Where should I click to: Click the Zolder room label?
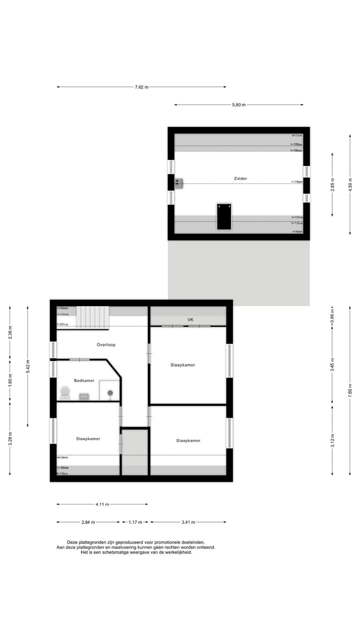point(240,178)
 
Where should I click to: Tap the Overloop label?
point(106,344)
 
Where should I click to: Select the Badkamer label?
point(84,380)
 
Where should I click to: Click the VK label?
point(190,319)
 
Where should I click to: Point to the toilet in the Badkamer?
point(65,392)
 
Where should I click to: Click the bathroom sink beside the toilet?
point(84,396)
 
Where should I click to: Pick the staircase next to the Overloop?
point(92,317)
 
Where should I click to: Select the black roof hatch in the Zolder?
point(224,216)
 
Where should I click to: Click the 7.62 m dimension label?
point(141,87)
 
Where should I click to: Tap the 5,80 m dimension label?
point(239,105)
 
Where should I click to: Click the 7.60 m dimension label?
point(350,389)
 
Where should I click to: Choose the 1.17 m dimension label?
point(135,522)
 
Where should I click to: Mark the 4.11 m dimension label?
point(102,504)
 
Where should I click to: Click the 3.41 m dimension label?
point(188,522)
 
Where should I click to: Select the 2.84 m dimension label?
point(88,522)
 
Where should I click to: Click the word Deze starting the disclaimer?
point(72,542)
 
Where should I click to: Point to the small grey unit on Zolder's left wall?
point(178,183)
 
